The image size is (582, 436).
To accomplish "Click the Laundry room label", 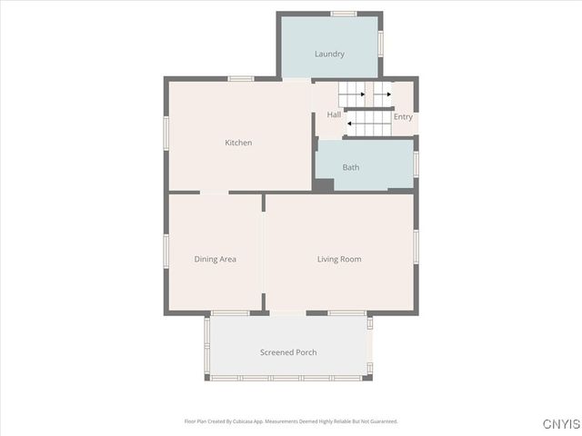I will [329, 54].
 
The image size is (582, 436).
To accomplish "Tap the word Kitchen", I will [238, 143].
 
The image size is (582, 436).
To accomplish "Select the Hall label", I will [334, 115].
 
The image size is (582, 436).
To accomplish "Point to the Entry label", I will [403, 117].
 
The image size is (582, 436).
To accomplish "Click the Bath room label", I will [351, 167].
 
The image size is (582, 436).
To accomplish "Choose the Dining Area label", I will [215, 259].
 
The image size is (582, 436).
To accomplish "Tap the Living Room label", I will [339, 259].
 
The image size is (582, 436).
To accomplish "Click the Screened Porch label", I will [288, 352].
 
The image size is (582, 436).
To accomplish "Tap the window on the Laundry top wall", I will [343, 14].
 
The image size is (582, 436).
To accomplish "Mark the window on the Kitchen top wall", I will [240, 79].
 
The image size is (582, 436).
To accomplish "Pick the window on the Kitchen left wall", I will [166, 133].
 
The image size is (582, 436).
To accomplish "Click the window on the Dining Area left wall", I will [166, 252].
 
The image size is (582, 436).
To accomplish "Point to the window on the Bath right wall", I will [416, 163].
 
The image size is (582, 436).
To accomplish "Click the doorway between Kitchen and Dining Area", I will [214, 193].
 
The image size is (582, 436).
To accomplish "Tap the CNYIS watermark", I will [560, 424].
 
